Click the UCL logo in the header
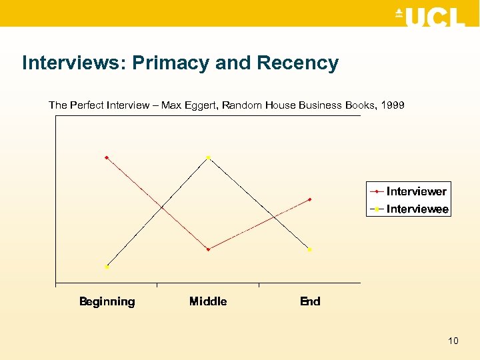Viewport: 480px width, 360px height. (x=430, y=17)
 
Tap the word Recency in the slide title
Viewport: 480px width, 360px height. (x=297, y=63)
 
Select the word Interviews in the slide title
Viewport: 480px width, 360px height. (x=73, y=63)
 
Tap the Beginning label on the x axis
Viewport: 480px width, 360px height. (x=107, y=301)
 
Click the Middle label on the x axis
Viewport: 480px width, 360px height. (x=208, y=301)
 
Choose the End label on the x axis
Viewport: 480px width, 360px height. (x=310, y=301)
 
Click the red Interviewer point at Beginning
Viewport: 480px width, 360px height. (x=107, y=158)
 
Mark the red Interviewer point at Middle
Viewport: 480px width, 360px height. (x=209, y=249)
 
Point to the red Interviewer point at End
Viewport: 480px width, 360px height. (x=310, y=199)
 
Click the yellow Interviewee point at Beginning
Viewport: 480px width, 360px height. (x=107, y=267)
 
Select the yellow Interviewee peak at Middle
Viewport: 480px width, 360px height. (x=209, y=157)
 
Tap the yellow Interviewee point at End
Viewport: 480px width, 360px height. (x=310, y=249)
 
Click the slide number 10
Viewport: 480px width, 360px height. (x=453, y=341)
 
